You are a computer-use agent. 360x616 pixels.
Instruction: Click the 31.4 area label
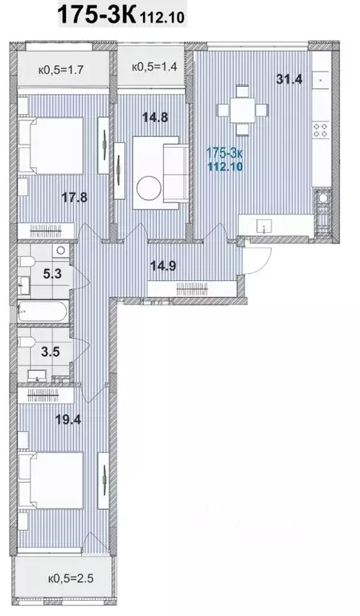tap(288, 79)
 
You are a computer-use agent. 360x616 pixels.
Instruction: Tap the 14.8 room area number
tap(155, 117)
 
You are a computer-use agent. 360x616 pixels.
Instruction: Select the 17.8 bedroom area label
tap(74, 197)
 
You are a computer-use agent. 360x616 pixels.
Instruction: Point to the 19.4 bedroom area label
tap(68, 419)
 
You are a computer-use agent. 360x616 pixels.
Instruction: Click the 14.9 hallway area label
tap(163, 266)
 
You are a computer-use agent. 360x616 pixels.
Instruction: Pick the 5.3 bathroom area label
tap(52, 273)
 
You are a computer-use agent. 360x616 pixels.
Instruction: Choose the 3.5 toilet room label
tap(51, 351)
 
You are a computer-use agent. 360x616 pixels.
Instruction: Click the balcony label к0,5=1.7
tap(61, 71)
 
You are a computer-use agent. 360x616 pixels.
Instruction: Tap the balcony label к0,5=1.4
tap(154, 67)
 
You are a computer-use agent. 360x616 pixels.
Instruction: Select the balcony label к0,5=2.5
tap(71, 578)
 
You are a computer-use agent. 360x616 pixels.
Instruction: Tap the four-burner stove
tap(321, 130)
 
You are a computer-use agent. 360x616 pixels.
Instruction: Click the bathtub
tap(43, 312)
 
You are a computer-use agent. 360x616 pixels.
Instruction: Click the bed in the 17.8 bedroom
tap(51, 145)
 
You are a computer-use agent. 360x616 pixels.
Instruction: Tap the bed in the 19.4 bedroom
tap(51, 480)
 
